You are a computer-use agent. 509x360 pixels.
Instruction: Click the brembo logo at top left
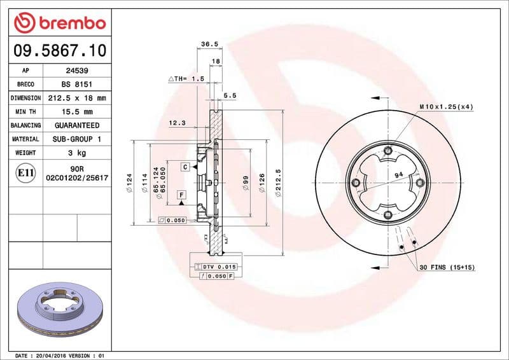coord(59,23)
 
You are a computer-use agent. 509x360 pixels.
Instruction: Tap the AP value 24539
coord(77,71)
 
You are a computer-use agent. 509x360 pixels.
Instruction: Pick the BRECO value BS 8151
coord(77,84)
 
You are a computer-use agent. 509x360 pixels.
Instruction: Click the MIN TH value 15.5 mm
coord(77,112)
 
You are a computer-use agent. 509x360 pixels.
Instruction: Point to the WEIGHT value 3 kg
coord(77,153)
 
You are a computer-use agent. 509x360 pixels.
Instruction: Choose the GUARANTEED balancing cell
coord(77,125)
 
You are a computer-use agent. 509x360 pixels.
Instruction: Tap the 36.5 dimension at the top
coord(209,44)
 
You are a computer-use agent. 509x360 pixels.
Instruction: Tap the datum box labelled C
coord(185,167)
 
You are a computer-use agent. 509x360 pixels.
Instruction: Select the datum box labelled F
coord(181,194)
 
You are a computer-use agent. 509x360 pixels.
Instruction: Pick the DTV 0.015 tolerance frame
coord(216,267)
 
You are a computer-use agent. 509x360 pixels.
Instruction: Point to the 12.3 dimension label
coord(178,123)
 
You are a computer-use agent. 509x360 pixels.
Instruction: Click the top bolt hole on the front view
coord(387,151)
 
